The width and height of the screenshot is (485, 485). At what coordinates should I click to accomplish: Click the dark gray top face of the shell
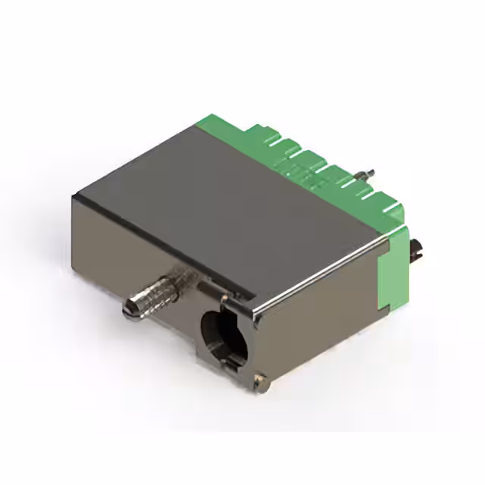(220, 205)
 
